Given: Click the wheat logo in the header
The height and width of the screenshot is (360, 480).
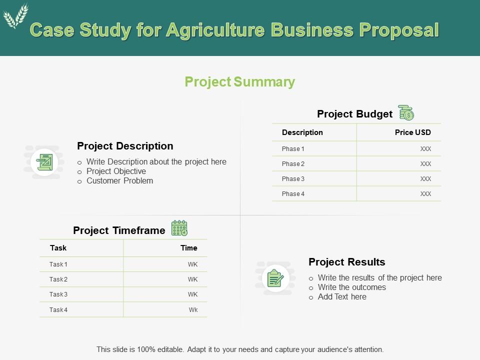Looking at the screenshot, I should click(x=15, y=16).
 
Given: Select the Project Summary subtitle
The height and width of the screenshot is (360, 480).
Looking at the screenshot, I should click(x=240, y=82).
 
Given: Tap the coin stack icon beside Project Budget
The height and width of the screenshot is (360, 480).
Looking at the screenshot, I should click(x=406, y=113).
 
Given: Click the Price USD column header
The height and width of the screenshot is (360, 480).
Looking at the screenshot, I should click(x=412, y=132).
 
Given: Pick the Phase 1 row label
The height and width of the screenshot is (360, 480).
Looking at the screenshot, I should click(x=293, y=149).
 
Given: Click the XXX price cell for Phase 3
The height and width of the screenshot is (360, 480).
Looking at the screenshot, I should click(x=425, y=179).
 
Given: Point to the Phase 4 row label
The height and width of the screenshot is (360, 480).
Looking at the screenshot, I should click(x=293, y=194).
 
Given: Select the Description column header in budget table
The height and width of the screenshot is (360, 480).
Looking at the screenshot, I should click(x=302, y=132).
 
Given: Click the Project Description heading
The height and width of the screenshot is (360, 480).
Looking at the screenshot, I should click(x=125, y=146).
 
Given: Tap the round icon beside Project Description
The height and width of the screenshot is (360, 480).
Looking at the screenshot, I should click(x=44, y=162).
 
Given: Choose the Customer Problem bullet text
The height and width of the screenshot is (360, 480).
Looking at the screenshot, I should click(x=119, y=181).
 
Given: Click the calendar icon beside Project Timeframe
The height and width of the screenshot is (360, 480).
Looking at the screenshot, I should click(x=179, y=228).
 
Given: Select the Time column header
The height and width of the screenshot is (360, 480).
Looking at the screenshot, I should click(x=189, y=248).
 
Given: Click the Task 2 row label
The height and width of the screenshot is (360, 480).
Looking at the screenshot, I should click(x=58, y=279).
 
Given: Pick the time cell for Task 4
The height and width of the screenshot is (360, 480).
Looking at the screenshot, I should click(x=193, y=310).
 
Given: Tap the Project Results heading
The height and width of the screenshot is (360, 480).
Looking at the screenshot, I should click(x=347, y=262).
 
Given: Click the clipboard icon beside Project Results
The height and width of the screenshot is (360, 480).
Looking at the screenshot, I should click(x=275, y=278).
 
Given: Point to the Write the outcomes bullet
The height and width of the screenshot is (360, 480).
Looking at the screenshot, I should click(x=351, y=287).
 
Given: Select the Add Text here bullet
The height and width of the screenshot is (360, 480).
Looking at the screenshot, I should click(x=342, y=297).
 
